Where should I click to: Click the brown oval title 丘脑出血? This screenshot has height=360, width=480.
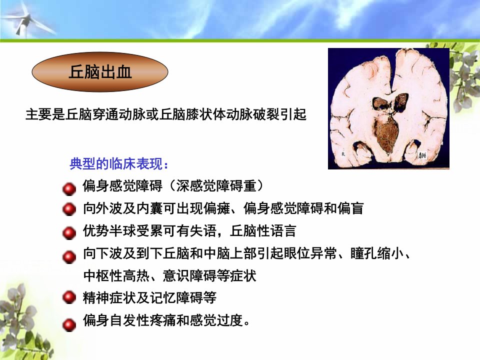pyautogui.click(x=100, y=72)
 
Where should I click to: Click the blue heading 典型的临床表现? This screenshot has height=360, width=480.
pyautogui.click(x=119, y=164)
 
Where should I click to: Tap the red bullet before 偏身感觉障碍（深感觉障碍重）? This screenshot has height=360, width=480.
pyautogui.click(x=69, y=188)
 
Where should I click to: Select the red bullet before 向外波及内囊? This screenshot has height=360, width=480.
pyautogui.click(x=69, y=209)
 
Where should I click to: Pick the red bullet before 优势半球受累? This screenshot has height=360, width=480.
pyautogui.click(x=69, y=233)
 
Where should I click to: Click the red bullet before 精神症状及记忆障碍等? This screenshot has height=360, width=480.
pyautogui.click(x=69, y=297)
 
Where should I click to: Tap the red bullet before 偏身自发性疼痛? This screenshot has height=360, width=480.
pyautogui.click(x=69, y=324)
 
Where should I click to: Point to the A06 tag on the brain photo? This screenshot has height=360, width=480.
pyautogui.click(x=422, y=155)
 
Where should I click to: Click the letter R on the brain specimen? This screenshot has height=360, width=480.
pyautogui.click(x=343, y=154)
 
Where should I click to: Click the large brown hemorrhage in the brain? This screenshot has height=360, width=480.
pyautogui.click(x=386, y=134)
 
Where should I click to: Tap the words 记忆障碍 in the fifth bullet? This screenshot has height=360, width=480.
pyautogui.click(x=176, y=297)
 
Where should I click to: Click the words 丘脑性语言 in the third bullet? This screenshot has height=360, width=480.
pyautogui.click(x=262, y=231)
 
